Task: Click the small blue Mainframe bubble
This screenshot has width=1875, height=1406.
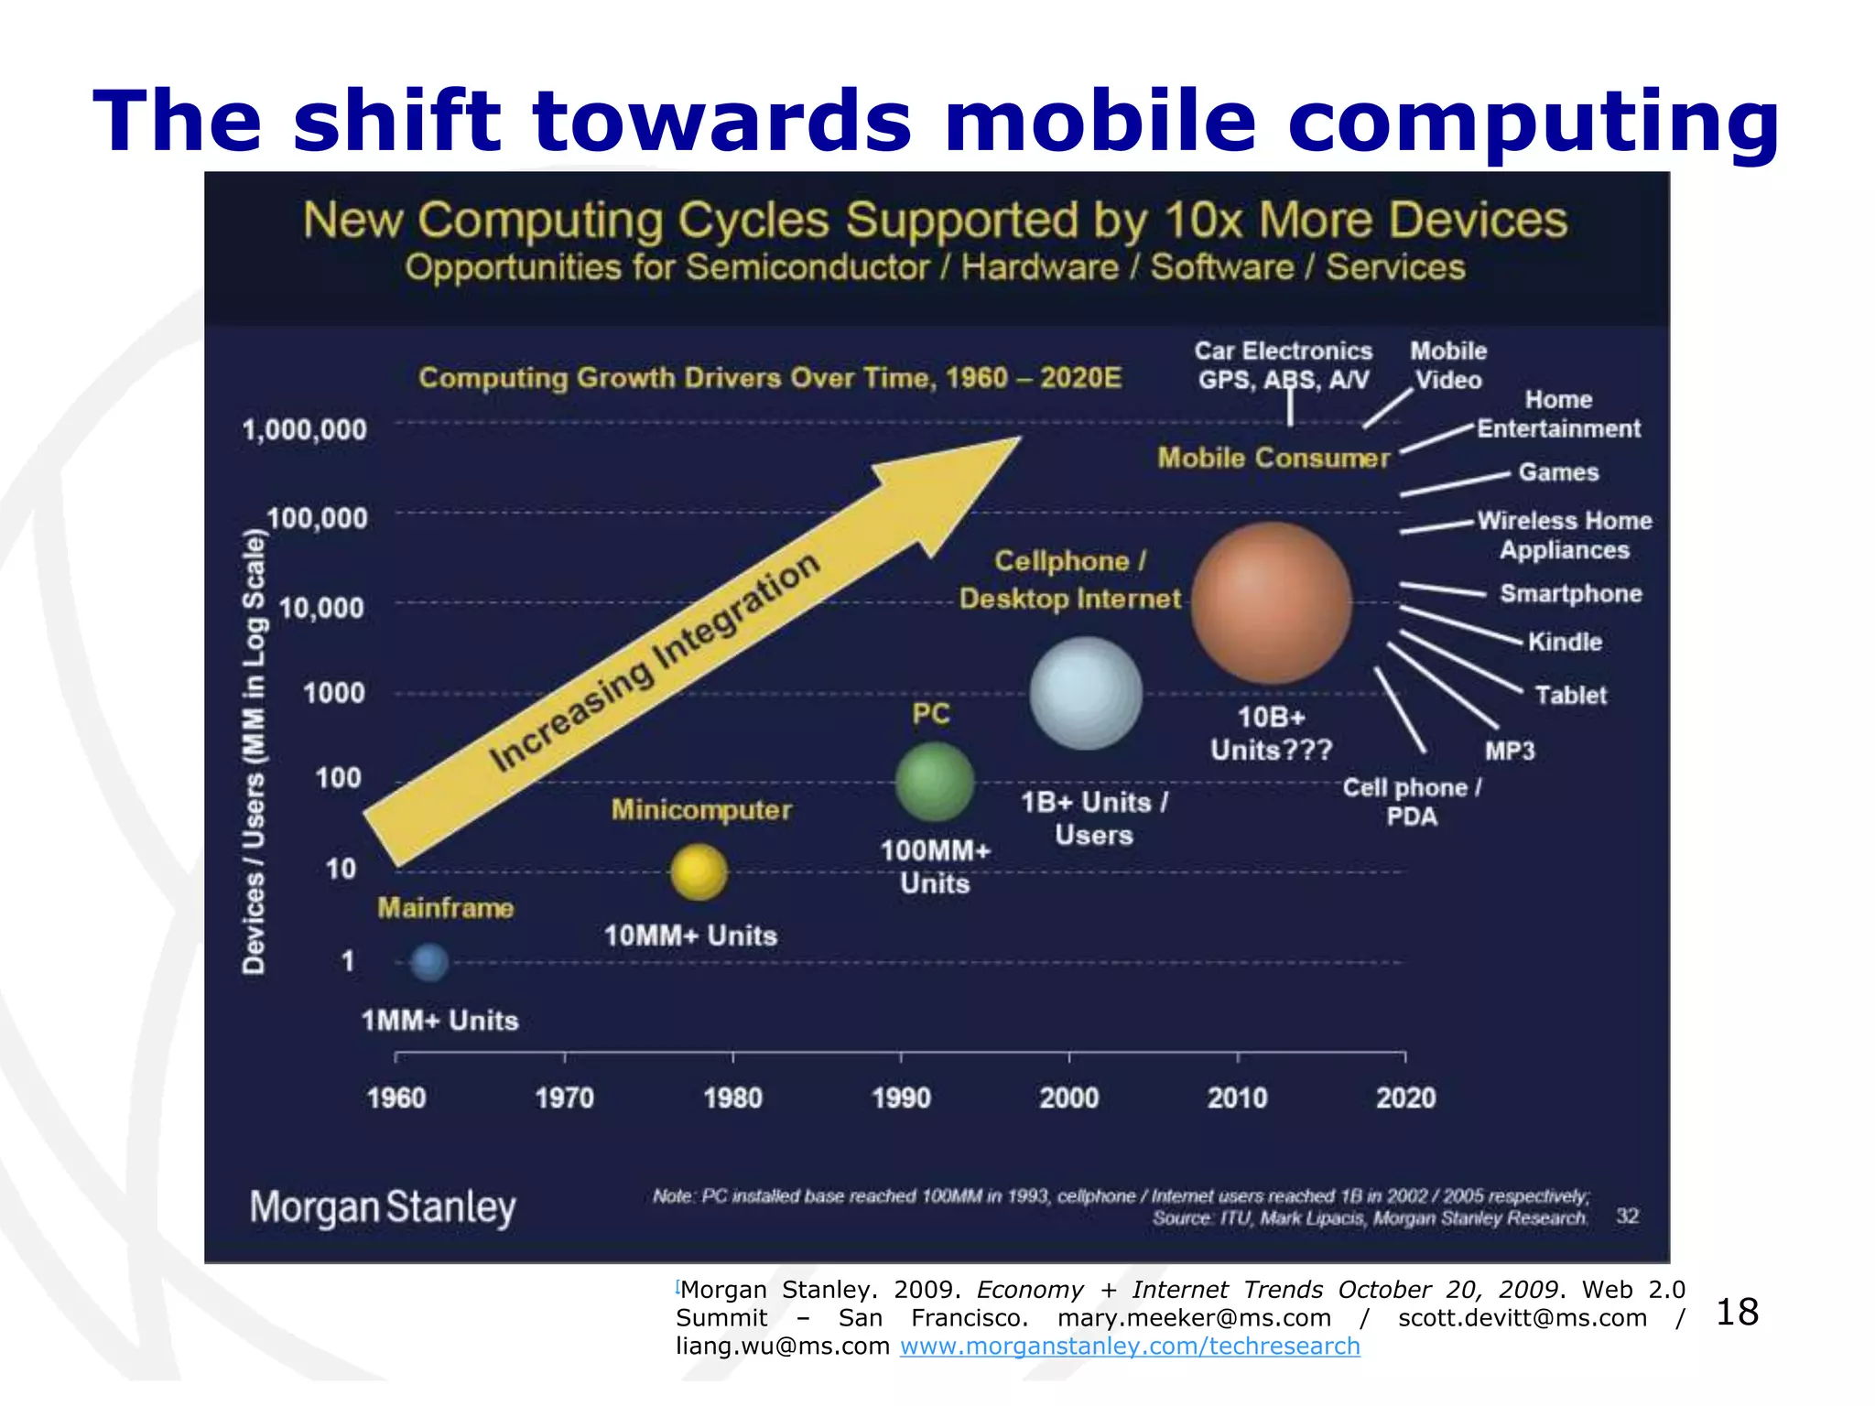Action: (428, 962)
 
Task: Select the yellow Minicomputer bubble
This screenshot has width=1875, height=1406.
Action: (699, 871)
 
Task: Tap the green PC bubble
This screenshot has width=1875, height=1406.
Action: (934, 781)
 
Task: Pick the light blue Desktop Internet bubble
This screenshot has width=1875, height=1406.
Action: (1086, 693)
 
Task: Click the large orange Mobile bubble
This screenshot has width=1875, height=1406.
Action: (1271, 603)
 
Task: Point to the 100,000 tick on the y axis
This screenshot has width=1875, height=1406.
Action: (317, 518)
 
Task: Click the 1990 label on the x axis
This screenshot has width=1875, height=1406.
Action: (901, 1098)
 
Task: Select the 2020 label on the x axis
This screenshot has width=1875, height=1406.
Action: (1405, 1098)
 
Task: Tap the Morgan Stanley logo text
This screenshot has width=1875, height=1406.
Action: (383, 1207)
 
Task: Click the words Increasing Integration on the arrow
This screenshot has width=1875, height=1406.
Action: (654, 663)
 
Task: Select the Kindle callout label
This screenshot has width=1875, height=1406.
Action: (1565, 642)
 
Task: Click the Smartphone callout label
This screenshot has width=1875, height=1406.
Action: (1570, 593)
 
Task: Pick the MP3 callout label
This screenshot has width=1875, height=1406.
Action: (1509, 751)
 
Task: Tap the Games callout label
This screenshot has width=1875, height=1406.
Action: (1558, 472)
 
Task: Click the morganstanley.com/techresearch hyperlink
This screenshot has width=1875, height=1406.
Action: (1130, 1346)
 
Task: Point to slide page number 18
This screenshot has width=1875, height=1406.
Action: (1737, 1313)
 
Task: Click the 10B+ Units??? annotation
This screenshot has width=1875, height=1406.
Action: (1271, 733)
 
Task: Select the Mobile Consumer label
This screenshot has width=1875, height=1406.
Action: (1273, 458)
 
